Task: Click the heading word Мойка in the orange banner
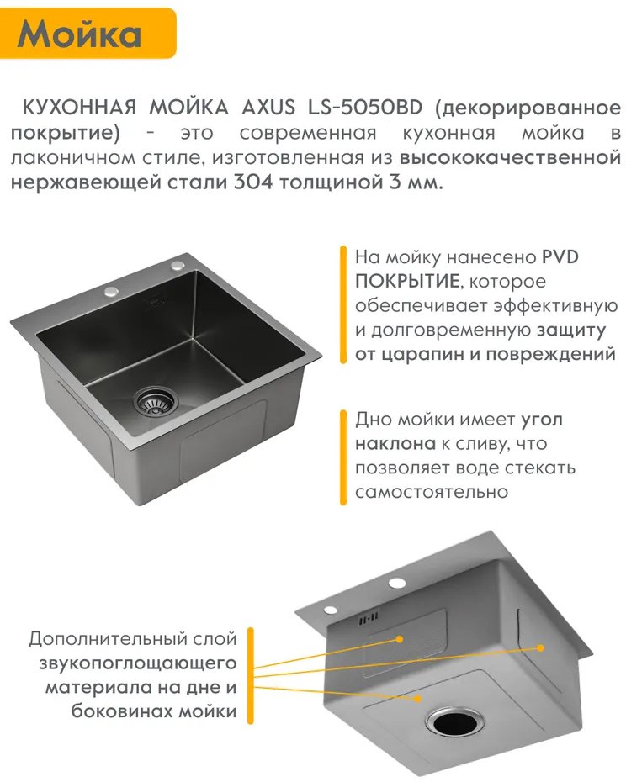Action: [79, 34]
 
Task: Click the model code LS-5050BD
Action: [365, 108]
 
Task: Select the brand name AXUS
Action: [268, 108]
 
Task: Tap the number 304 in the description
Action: [253, 182]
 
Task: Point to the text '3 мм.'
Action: [416, 182]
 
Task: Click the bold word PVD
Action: [560, 256]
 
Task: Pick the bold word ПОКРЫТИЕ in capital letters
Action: [407, 282]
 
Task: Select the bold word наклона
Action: [395, 443]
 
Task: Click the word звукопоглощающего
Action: [138, 663]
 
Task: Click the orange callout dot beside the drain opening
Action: [418, 699]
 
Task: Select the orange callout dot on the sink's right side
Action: [540, 647]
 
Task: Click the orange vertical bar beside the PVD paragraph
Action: [343, 304]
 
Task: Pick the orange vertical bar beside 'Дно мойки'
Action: [343, 457]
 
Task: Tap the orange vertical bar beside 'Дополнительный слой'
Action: [251, 676]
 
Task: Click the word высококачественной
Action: [510, 157]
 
